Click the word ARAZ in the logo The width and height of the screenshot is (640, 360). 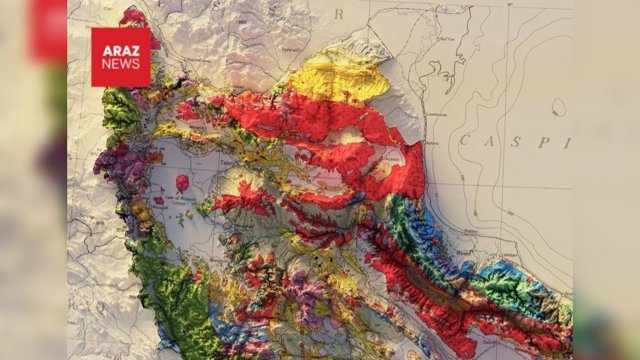[120, 48]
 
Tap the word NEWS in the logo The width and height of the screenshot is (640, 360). [120, 63]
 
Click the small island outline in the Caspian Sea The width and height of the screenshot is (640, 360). [557, 106]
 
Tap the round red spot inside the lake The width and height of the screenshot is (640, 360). [182, 183]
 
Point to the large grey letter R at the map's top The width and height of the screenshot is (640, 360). [337, 14]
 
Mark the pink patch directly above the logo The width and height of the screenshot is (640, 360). [133, 17]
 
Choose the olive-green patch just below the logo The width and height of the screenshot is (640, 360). [121, 108]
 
